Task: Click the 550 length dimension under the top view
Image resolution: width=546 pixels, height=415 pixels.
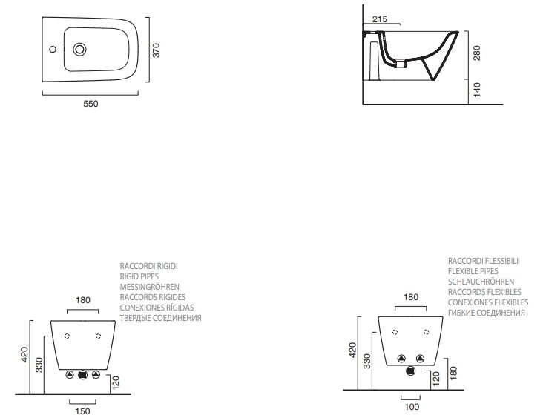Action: pyautogui.click(x=90, y=104)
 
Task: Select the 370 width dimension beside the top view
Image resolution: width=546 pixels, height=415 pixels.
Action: pyautogui.click(x=156, y=50)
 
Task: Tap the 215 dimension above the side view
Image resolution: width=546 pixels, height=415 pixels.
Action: pyautogui.click(x=378, y=19)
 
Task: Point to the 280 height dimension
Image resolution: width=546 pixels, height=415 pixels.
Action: pyautogui.click(x=477, y=53)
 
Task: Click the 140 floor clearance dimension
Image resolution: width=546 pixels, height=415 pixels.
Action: pyautogui.click(x=477, y=89)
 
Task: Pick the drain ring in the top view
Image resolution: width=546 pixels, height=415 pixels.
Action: pyautogui.click(x=79, y=50)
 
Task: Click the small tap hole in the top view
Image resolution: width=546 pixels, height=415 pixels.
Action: pyautogui.click(x=53, y=50)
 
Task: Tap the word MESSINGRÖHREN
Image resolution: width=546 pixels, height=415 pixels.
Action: pyautogui.click(x=149, y=286)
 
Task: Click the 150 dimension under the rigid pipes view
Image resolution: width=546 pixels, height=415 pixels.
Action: pyautogui.click(x=82, y=410)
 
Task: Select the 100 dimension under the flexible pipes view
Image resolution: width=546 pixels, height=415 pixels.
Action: pyautogui.click(x=412, y=405)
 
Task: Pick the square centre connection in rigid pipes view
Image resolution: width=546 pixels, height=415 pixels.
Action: pyautogui.click(x=82, y=374)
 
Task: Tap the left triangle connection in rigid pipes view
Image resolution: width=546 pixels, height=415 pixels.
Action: pyautogui.click(x=69, y=374)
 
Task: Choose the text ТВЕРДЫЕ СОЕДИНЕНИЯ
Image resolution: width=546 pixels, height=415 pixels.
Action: pyautogui.click(x=160, y=318)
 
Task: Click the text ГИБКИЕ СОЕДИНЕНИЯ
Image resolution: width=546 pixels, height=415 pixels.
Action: pyautogui.click(x=487, y=313)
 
